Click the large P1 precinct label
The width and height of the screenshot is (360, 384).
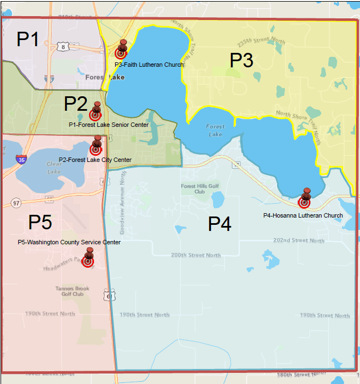pyautogui.click(x=28, y=40)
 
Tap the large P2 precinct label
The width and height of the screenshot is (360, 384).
pyautogui.click(x=76, y=104)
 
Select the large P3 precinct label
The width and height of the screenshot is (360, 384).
pyautogui.click(x=241, y=60)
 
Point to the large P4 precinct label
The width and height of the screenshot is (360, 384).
pyautogui.click(x=220, y=224)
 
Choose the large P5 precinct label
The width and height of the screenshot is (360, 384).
pyautogui.click(x=40, y=223)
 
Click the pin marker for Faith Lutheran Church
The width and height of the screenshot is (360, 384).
pyautogui.click(x=121, y=52)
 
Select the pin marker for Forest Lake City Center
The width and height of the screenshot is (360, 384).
pyautogui.click(x=96, y=149)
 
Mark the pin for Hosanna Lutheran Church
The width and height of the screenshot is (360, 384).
pyautogui.click(x=304, y=202)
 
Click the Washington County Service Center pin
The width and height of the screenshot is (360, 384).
pyautogui.click(x=88, y=261)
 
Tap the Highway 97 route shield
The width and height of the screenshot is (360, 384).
pyautogui.click(x=15, y=203)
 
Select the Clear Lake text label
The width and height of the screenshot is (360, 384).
pyautogui.click(x=54, y=168)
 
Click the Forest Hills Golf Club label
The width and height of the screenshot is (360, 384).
pyautogui.click(x=196, y=189)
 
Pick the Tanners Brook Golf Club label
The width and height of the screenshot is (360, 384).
pyautogui.click(x=70, y=291)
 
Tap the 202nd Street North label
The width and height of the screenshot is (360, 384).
pyautogui.click(x=299, y=240)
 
